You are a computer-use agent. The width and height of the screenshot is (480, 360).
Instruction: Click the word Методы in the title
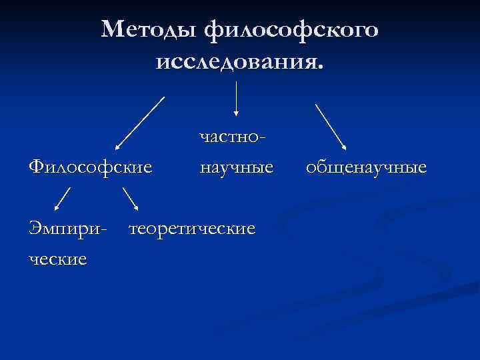coord(151,29)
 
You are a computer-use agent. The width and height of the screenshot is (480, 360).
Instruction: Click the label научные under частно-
coord(237,166)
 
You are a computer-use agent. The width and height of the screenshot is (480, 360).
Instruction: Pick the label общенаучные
coord(366,166)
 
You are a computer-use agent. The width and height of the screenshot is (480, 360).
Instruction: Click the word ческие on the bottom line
coord(58,258)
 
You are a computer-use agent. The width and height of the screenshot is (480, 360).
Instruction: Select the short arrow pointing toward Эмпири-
coord(62,198)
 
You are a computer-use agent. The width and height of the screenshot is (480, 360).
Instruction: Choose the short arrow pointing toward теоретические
coord(130,198)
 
